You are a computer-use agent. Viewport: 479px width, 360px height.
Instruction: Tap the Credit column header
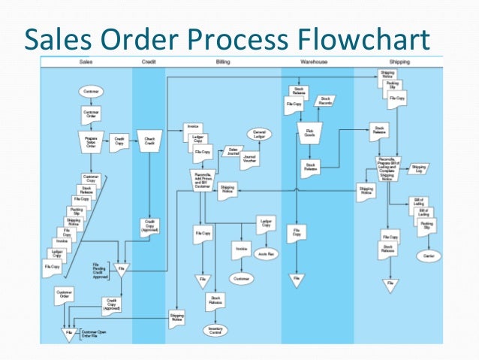(x=149, y=61)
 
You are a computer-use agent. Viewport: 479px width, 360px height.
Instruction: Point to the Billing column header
(x=223, y=61)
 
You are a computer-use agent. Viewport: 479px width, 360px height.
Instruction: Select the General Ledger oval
(x=260, y=134)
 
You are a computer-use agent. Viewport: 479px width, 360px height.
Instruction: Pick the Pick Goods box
(x=309, y=136)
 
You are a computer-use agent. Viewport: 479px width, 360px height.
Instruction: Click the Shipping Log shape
(x=419, y=169)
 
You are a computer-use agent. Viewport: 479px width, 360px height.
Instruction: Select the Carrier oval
(x=430, y=256)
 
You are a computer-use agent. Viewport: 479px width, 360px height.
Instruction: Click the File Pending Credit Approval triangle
(x=120, y=269)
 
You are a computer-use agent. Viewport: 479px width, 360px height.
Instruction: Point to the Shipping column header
(x=399, y=61)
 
